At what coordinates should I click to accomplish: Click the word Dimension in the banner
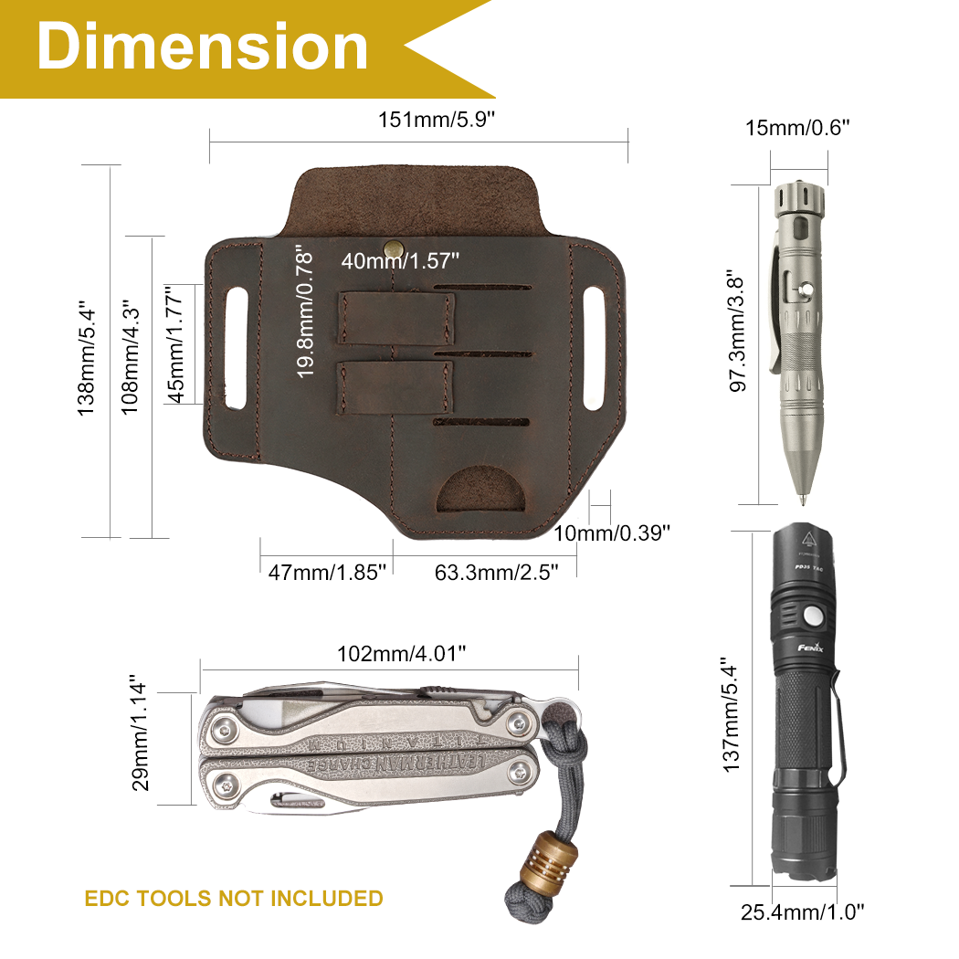[x=203, y=47]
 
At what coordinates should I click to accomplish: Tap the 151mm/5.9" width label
[x=436, y=120]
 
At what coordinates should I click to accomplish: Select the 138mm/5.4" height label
[x=87, y=358]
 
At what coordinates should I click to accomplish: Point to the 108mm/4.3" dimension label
[x=130, y=358]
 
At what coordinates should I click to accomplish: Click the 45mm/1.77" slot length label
[x=175, y=343]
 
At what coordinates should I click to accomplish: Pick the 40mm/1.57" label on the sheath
[x=400, y=261]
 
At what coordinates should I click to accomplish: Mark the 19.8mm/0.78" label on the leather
[x=304, y=311]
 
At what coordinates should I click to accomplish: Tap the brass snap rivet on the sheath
[x=392, y=248]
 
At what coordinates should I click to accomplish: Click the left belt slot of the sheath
[x=236, y=347]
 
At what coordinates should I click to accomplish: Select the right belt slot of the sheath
[x=594, y=347]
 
